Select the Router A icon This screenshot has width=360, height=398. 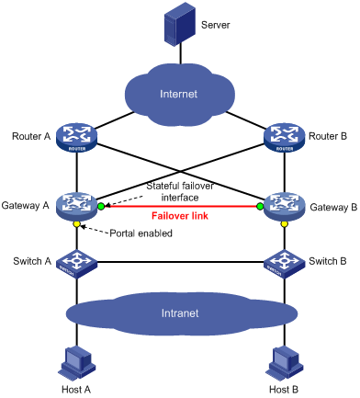78,138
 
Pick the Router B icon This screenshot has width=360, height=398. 282,138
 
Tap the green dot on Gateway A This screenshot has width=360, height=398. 102,207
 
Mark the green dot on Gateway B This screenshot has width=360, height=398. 260,207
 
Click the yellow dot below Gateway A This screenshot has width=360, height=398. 78,225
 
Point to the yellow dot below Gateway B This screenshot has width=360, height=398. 282,225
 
